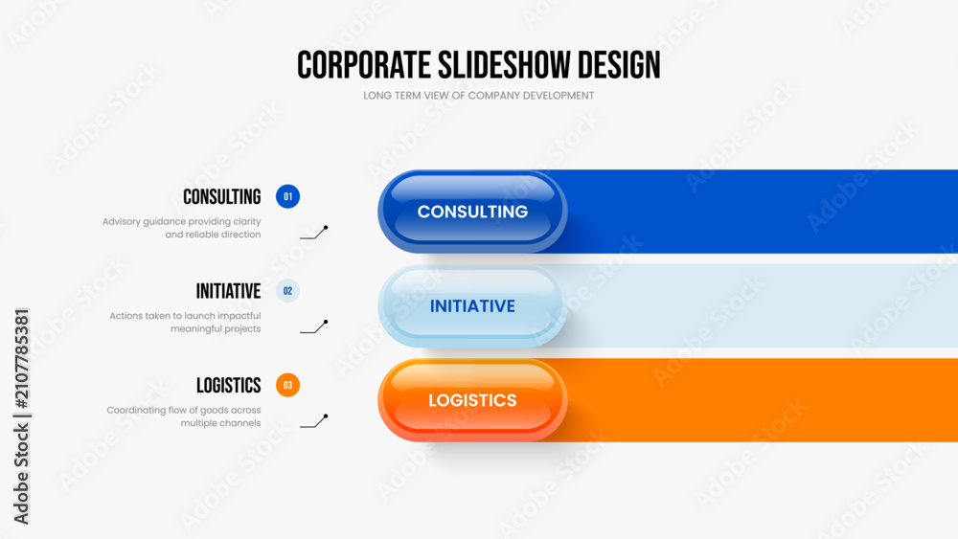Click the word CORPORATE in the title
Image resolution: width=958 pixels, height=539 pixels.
pos(363,65)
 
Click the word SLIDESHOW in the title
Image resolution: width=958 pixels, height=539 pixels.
pos(505,65)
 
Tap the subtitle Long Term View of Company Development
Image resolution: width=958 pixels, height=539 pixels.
pos(478,96)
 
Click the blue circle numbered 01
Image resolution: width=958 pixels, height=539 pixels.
pos(287,196)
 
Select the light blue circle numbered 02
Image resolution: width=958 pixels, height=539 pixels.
pos(287,291)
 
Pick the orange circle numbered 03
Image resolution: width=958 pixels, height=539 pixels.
pos(287,385)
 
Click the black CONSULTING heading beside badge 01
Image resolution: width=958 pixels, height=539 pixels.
pos(222,196)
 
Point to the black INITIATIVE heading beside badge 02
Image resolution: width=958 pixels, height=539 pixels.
pos(229,291)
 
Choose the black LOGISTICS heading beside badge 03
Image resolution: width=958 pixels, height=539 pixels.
pos(229,385)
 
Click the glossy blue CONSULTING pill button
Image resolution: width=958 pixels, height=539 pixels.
pos(472,212)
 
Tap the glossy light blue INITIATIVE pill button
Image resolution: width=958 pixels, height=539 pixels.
pos(472,305)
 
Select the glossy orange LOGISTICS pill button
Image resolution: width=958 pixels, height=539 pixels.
pos(472,400)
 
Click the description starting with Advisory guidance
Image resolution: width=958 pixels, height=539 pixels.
pos(181,228)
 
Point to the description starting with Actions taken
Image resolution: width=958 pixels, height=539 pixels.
pos(185,323)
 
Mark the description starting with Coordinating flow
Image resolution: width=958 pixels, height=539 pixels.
pos(184,416)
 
